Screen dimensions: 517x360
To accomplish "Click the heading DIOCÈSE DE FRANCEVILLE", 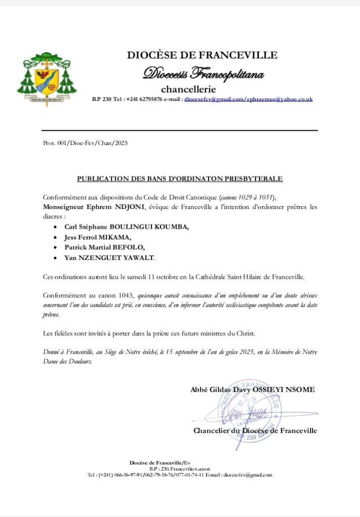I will click(202, 55).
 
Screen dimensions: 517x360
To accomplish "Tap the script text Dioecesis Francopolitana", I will click(203, 74).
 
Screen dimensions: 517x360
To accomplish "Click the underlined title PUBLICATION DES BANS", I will click(180, 178).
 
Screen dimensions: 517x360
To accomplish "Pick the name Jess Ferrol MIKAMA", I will click(98, 237).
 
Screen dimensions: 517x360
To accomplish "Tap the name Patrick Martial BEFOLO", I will click(105, 247).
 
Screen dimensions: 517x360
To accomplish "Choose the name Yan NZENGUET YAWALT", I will click(110, 258).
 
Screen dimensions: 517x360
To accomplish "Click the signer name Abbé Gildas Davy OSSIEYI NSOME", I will click(252, 389).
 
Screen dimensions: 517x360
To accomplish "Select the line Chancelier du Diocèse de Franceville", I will click(255, 431).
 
